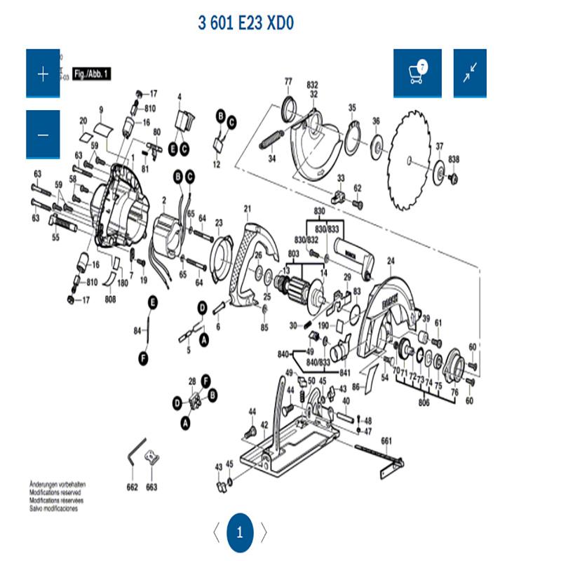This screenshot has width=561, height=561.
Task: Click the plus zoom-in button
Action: [x=43, y=74]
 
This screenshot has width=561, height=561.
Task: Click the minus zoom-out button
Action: [x=43, y=135]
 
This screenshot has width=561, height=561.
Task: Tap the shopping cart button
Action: [x=417, y=74]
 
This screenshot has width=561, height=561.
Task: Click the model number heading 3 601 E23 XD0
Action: [x=245, y=23]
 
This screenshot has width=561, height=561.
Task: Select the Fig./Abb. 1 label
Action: [x=93, y=73]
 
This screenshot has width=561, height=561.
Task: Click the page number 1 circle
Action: [x=240, y=532]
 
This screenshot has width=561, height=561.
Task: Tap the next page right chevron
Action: [x=264, y=532]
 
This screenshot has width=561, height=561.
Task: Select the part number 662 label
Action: [x=133, y=487]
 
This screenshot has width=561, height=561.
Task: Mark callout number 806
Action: [x=424, y=403]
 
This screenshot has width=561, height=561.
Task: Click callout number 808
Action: [x=110, y=299]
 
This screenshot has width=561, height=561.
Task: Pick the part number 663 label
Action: [x=152, y=487]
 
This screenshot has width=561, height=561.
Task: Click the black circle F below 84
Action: [x=144, y=358]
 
